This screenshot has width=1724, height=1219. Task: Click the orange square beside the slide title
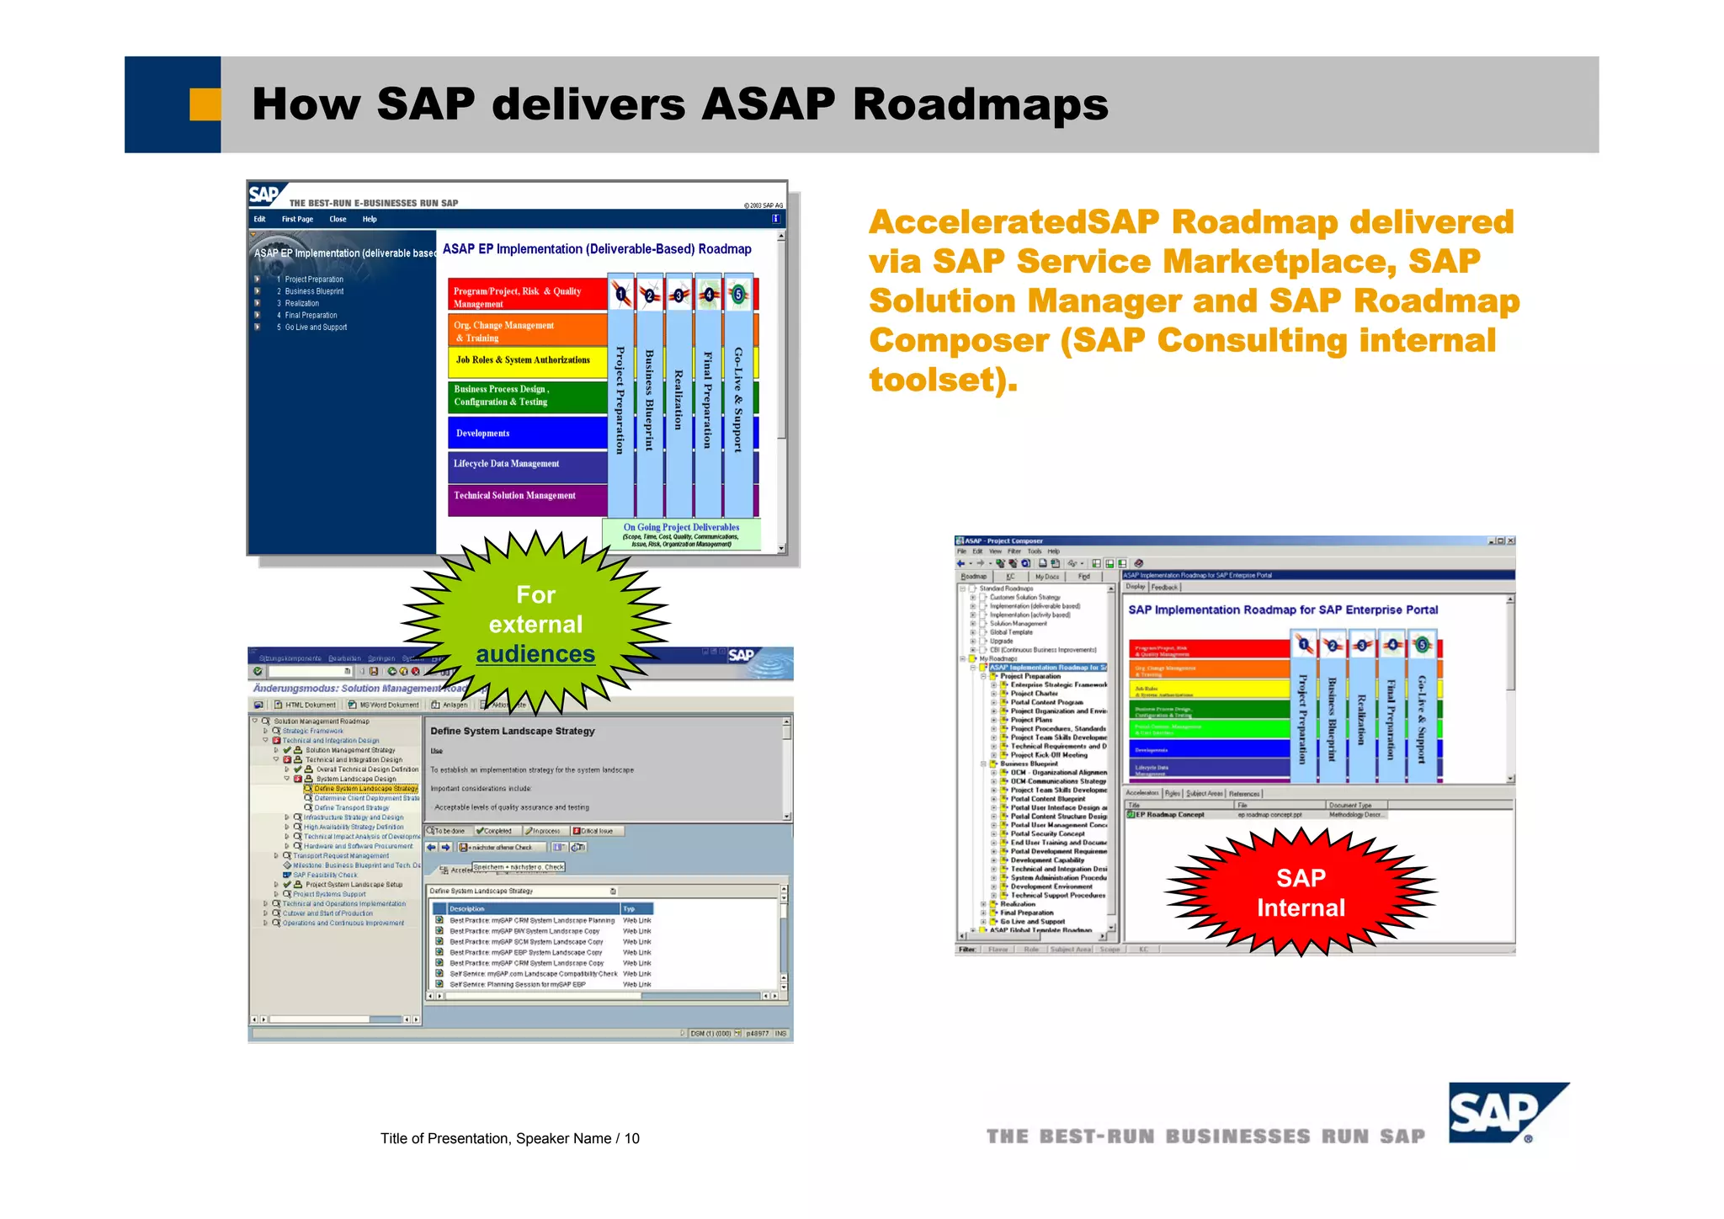pyautogui.click(x=205, y=104)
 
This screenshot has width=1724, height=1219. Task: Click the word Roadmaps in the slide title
pyautogui.click(x=980, y=104)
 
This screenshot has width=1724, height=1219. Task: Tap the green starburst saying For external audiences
pyautogui.click(x=535, y=624)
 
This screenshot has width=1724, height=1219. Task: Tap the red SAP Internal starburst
pyautogui.click(x=1301, y=892)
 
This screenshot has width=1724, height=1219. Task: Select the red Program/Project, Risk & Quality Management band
pyautogui.click(x=526, y=296)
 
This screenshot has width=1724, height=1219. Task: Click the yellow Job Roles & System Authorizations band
pyautogui.click(x=526, y=360)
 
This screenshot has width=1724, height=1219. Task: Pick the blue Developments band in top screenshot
pyautogui.click(x=526, y=433)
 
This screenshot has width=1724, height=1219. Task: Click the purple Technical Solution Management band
pyautogui.click(x=526, y=496)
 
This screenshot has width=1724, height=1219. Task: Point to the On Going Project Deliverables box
pyautogui.click(x=681, y=535)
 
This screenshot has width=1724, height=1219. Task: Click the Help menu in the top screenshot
pyautogui.click(x=370, y=219)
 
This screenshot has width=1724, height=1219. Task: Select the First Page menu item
pyautogui.click(x=297, y=219)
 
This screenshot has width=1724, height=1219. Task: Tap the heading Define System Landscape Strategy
pyautogui.click(x=513, y=731)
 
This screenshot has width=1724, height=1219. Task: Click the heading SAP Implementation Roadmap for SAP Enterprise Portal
pyautogui.click(x=1282, y=609)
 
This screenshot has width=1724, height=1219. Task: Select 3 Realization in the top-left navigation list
pyautogui.click(x=301, y=303)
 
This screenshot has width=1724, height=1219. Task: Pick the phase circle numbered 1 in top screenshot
pyautogui.click(x=621, y=294)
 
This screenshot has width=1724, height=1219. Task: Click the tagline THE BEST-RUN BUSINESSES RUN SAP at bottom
pyautogui.click(x=1205, y=1136)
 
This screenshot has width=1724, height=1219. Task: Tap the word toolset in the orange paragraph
pyautogui.click(x=934, y=380)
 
